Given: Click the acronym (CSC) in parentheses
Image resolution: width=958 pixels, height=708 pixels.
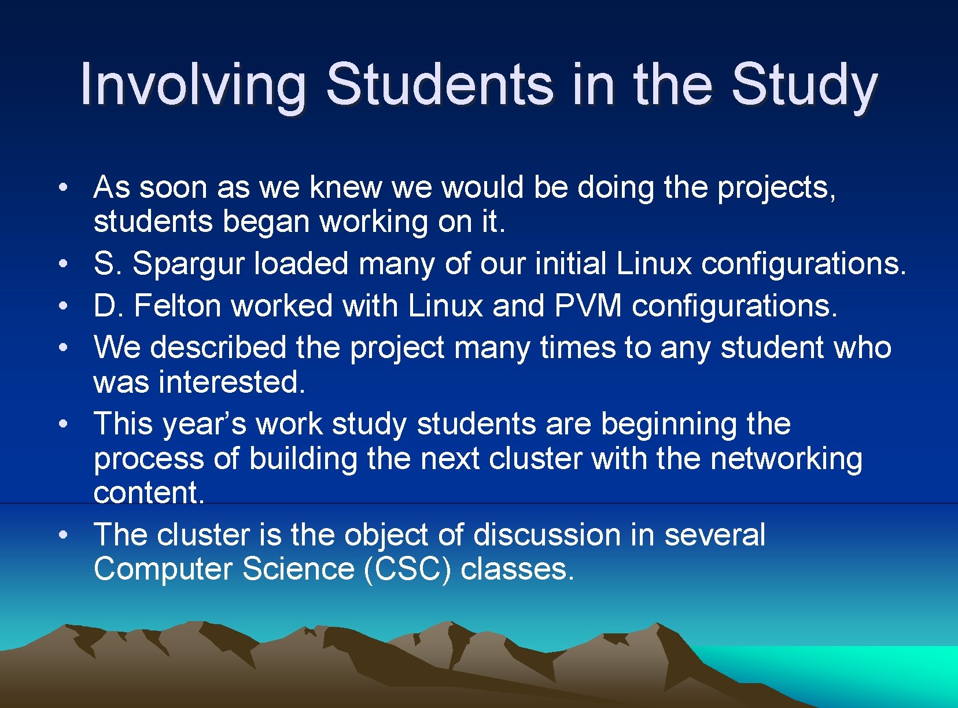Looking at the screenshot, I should pyautogui.click(x=407, y=569).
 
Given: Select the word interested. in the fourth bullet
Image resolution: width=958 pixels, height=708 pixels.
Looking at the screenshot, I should pyautogui.click(x=231, y=382).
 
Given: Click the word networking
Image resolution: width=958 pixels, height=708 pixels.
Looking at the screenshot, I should pyautogui.click(x=786, y=459).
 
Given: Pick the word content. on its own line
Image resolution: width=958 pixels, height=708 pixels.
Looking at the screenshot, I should pyautogui.click(x=149, y=493).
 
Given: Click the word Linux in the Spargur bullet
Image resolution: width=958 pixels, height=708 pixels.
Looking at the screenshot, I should pyautogui.click(x=654, y=264).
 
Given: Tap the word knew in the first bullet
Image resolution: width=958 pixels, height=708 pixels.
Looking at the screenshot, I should pyautogui.click(x=345, y=188).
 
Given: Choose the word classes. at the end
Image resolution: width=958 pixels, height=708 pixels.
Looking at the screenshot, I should pyautogui.click(x=517, y=569).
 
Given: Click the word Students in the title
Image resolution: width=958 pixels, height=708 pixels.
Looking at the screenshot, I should pyautogui.click(x=440, y=85).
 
